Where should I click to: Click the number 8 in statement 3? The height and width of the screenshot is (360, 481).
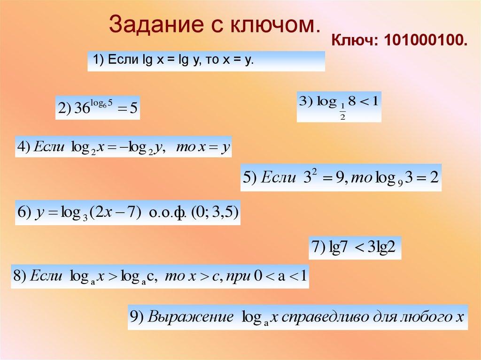[350, 101]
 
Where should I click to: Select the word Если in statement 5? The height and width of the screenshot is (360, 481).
[278, 177]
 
